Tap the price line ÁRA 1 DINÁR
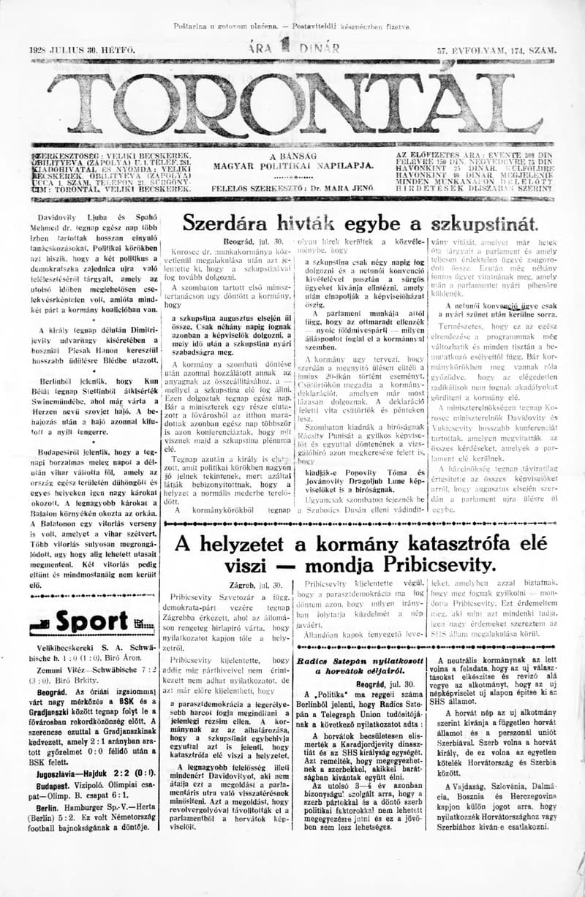[293, 49]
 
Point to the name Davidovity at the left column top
[64, 217]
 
